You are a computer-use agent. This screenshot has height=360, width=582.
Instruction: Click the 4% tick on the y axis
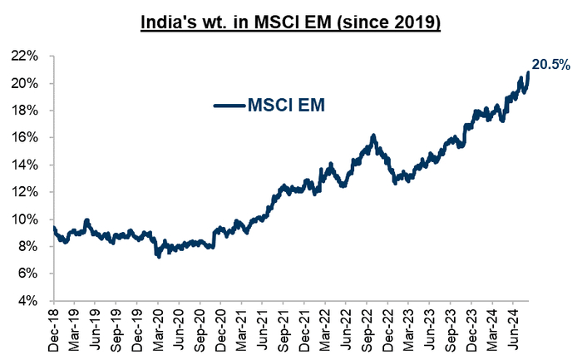[x=30, y=300]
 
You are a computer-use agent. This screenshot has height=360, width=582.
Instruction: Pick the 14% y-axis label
[x=27, y=165]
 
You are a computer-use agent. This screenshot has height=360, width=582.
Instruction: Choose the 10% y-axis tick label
[x=27, y=219]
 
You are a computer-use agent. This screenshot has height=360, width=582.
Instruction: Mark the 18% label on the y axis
[x=27, y=111]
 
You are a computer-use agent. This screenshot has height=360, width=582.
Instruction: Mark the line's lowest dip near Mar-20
[x=158, y=257]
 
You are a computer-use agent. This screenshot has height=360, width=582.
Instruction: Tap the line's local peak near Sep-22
[x=374, y=136]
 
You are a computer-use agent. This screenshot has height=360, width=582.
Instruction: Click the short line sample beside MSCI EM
[x=229, y=105]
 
